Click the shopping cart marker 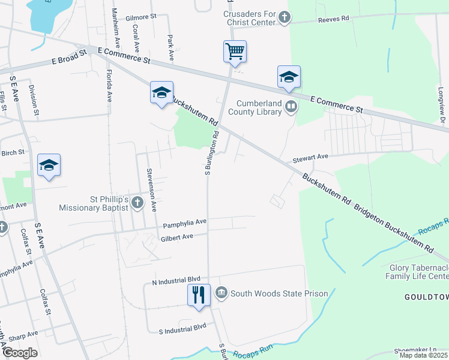(235, 51)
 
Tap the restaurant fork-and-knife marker (199, 295)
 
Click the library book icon (291, 107)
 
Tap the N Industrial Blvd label (175, 281)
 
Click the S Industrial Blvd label (182, 329)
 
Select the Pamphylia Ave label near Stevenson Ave (184, 223)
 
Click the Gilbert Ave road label (176, 238)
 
